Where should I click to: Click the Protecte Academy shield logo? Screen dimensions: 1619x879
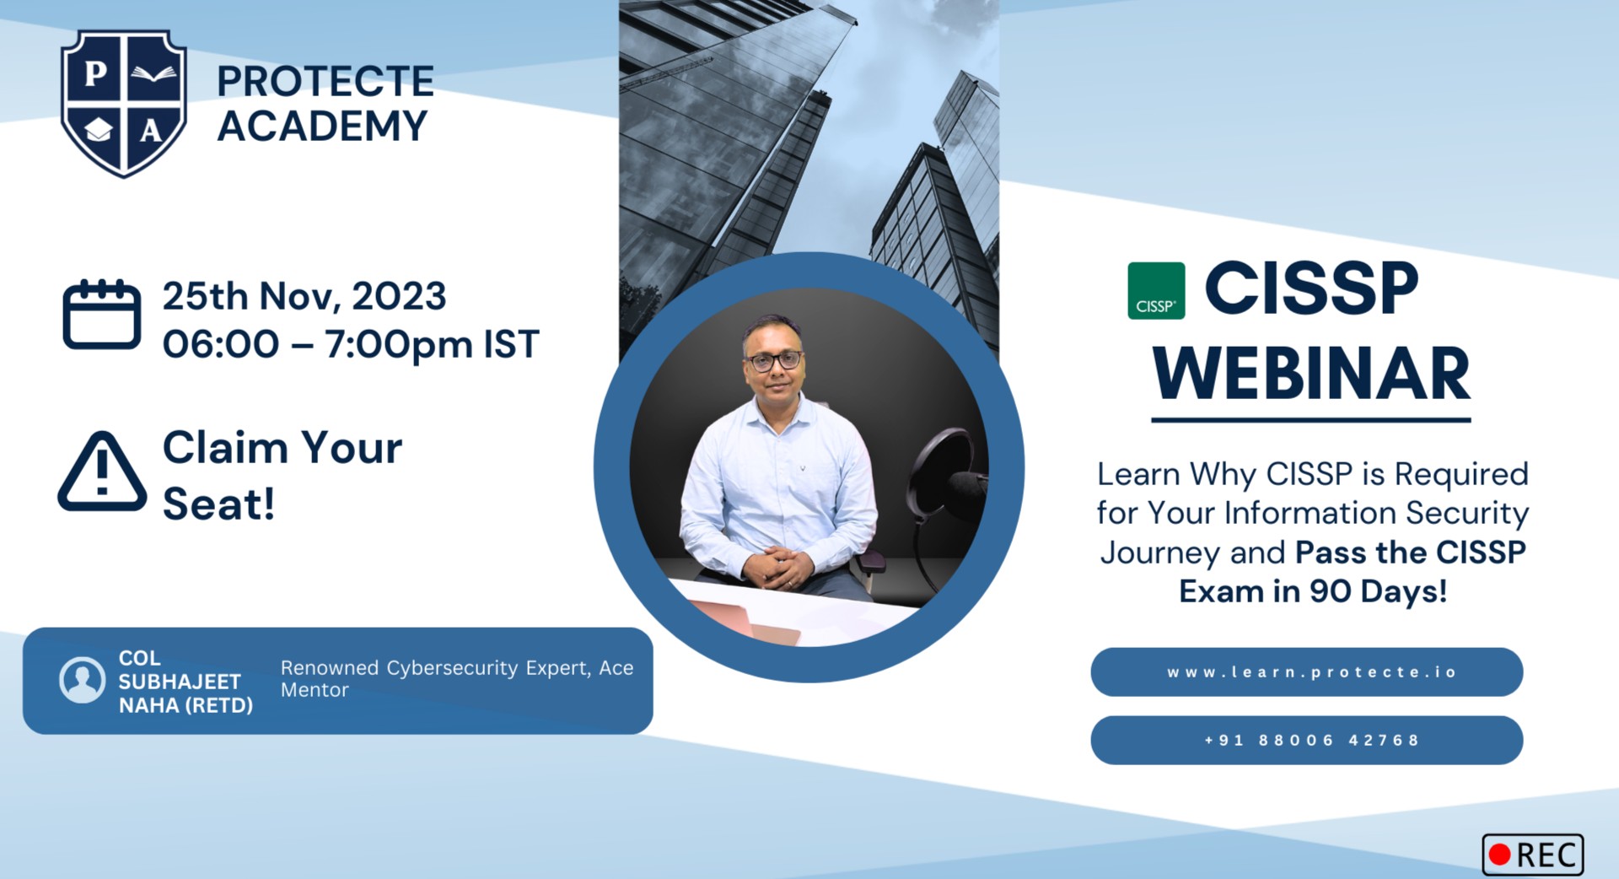pyautogui.click(x=124, y=103)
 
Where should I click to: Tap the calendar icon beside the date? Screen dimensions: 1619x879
pyautogui.click(x=101, y=314)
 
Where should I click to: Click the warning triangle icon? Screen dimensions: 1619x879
pyautogui.click(x=102, y=472)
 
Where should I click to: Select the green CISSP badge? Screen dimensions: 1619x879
pyautogui.click(x=1156, y=291)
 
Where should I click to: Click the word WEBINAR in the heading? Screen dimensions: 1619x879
pyautogui.click(x=1311, y=374)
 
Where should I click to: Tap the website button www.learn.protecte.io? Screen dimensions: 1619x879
pyautogui.click(x=1306, y=672)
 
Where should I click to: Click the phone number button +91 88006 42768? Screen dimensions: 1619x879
pyautogui.click(x=1306, y=741)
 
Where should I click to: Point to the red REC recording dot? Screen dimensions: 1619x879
pyautogui.click(x=1499, y=855)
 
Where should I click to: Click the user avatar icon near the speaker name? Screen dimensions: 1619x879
pyautogui.click(x=83, y=680)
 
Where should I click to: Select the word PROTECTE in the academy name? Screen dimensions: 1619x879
pyautogui.click(x=325, y=82)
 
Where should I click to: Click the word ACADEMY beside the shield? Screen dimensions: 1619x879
pyautogui.click(x=322, y=127)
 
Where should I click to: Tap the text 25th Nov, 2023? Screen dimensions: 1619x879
pyautogui.click(x=304, y=296)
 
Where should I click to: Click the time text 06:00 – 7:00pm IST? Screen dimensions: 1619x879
pyautogui.click(x=351, y=344)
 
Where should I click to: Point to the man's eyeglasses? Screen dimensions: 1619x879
pyautogui.click(x=773, y=361)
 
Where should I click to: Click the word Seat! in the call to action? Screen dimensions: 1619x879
pyautogui.click(x=218, y=504)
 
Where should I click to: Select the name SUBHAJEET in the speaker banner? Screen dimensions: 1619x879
pyautogui.click(x=180, y=682)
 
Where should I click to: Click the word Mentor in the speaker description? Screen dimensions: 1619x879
pyautogui.click(x=315, y=690)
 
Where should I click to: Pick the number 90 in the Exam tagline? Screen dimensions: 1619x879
pyautogui.click(x=1331, y=592)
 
